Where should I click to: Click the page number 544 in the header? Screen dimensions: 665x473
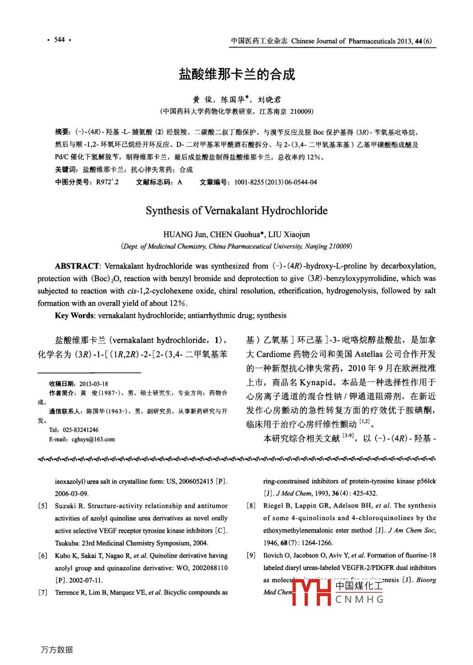(59, 40)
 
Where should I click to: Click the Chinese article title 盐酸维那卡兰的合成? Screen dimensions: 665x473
(236, 74)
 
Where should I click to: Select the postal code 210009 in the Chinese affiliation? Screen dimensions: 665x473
(301, 112)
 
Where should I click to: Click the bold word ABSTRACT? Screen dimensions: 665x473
(77, 266)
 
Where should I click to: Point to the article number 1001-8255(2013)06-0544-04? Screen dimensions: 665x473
(275, 182)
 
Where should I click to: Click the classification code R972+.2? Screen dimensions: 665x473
(107, 182)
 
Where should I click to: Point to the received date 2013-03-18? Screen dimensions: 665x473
(93, 384)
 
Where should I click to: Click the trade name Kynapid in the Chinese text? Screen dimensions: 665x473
(316, 382)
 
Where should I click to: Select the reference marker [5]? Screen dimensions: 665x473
(42, 506)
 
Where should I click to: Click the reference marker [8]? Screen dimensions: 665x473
(251, 506)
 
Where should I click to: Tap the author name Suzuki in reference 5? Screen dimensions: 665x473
(65, 506)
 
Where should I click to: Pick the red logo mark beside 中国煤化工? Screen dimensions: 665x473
(311, 591)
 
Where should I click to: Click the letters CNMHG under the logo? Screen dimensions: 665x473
(359, 600)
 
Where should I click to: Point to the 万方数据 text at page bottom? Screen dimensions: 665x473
(57, 650)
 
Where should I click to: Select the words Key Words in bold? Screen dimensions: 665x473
(74, 316)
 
